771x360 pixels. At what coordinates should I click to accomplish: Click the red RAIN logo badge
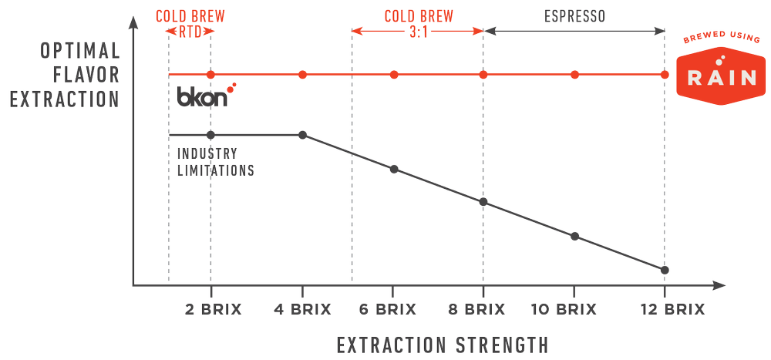(x=721, y=76)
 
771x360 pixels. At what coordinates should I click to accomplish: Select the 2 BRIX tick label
(x=213, y=310)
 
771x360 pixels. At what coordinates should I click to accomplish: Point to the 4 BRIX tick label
(x=302, y=310)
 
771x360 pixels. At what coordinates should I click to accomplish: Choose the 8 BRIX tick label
(x=477, y=310)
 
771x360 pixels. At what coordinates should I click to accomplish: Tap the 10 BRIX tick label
(x=564, y=310)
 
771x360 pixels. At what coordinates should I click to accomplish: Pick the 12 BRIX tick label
(x=672, y=310)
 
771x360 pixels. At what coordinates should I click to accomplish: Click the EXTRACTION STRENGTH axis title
(x=443, y=345)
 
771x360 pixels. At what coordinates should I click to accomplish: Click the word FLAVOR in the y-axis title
(x=86, y=76)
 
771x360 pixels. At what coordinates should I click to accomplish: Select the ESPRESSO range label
(x=574, y=16)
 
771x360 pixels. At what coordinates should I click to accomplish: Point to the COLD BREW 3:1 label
(x=419, y=23)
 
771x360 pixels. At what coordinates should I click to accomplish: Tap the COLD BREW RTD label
(x=190, y=23)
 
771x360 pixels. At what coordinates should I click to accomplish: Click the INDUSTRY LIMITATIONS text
(x=215, y=162)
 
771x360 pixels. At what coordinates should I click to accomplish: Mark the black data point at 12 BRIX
(x=665, y=270)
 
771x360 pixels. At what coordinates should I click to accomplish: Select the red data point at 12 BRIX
(x=665, y=75)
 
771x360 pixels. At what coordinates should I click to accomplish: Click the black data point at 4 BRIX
(x=302, y=135)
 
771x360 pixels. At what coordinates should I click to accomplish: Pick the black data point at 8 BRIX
(x=483, y=202)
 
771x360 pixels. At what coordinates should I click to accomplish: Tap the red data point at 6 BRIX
(x=393, y=75)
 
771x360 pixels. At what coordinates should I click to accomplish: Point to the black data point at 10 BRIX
(x=574, y=236)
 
